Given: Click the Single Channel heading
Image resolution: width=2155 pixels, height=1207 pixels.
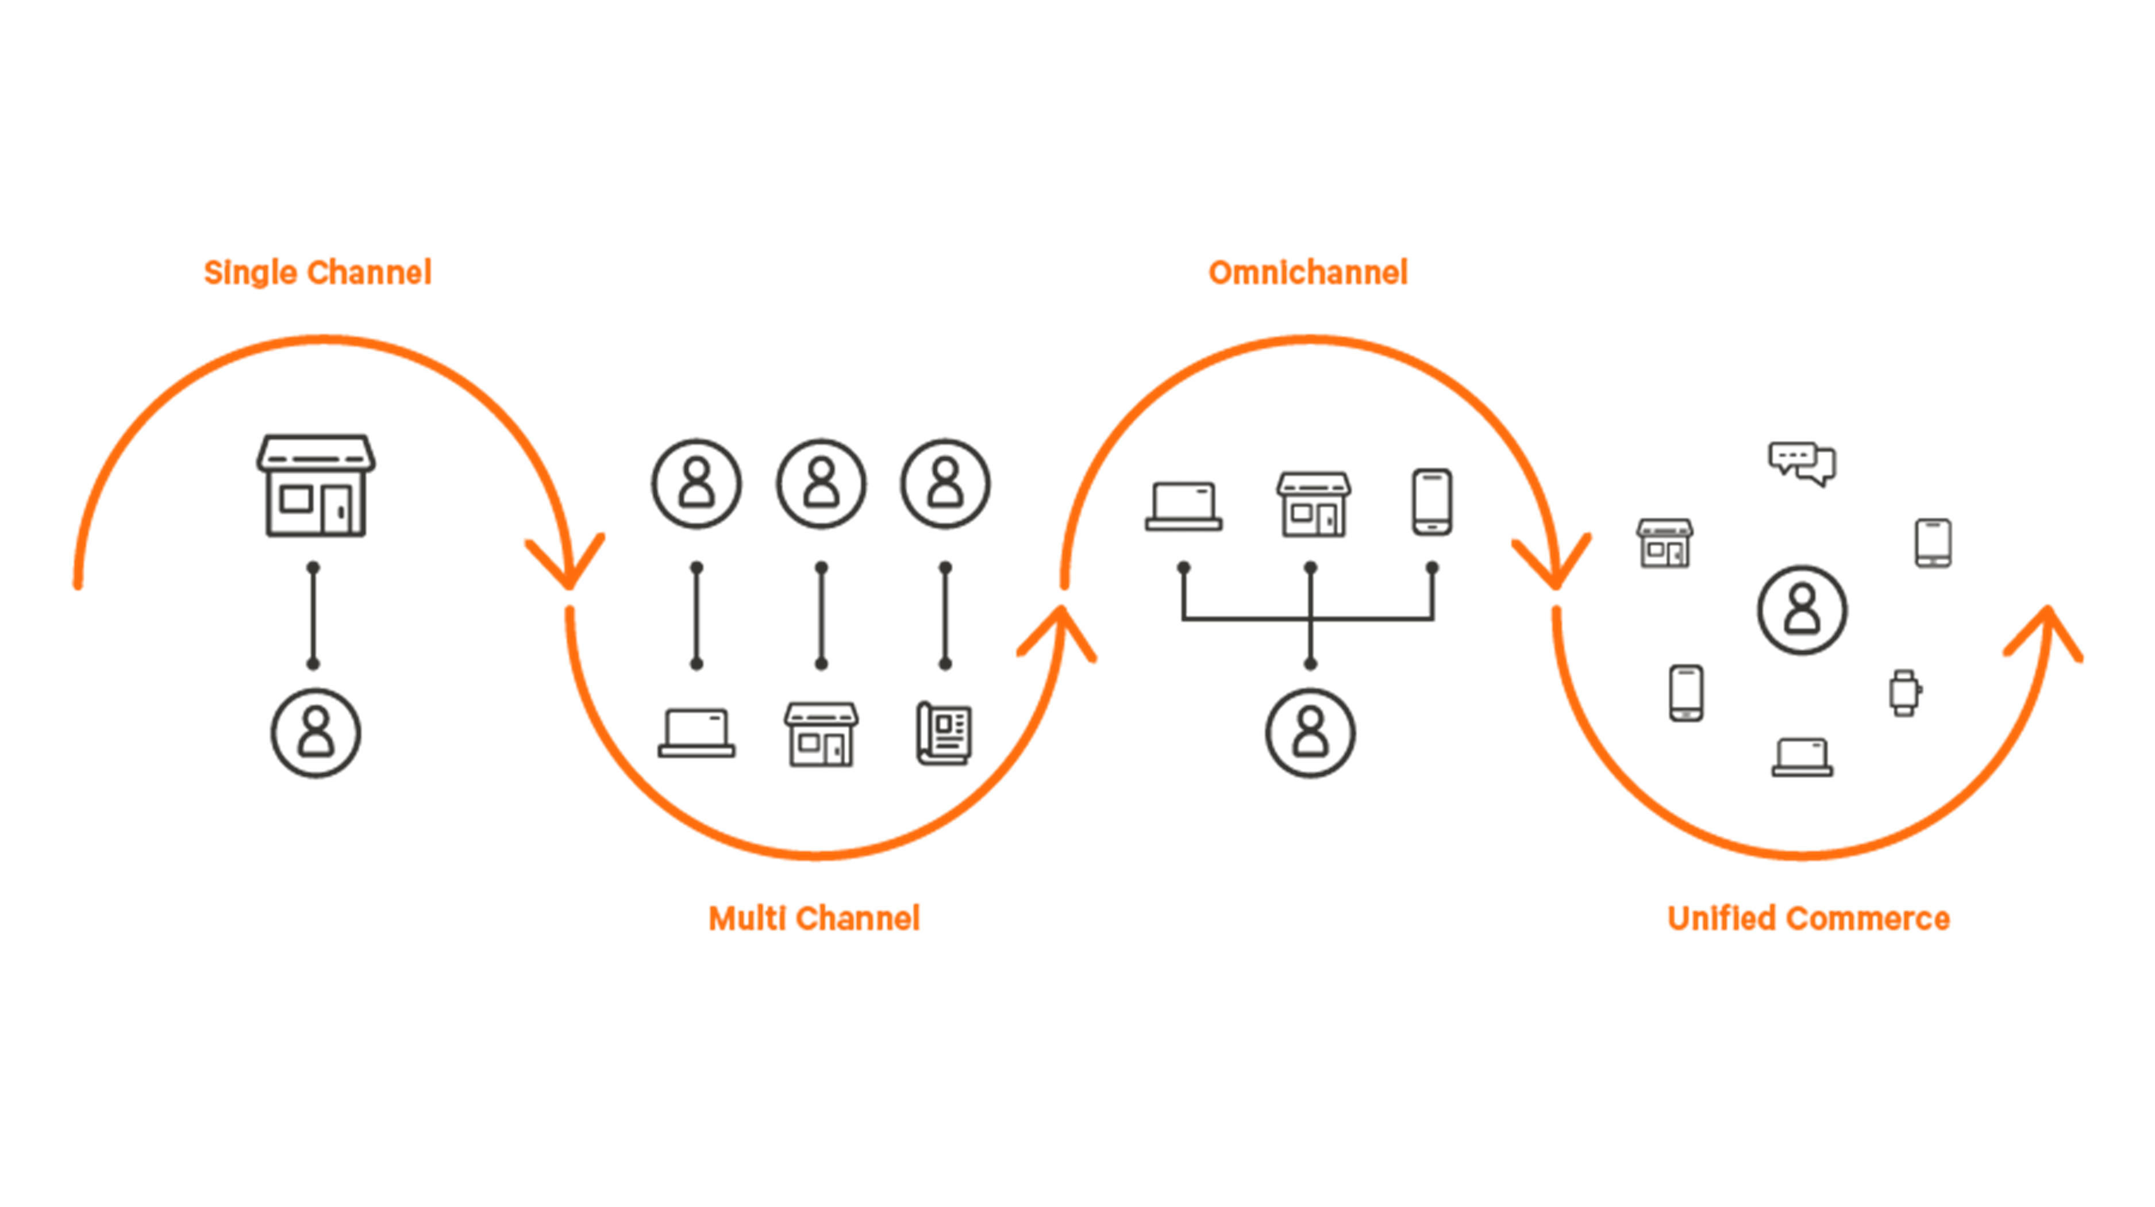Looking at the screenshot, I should tap(318, 272).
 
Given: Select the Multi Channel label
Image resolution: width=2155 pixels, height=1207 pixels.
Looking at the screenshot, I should tap(814, 918).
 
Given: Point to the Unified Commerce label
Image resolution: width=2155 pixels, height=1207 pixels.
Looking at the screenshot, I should tap(1808, 918).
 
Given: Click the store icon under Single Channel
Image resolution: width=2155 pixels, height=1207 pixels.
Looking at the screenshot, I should tap(315, 486).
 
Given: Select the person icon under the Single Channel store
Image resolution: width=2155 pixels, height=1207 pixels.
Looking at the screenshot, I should tap(315, 733).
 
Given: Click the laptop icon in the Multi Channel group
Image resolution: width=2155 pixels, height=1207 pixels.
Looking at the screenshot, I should tap(696, 733).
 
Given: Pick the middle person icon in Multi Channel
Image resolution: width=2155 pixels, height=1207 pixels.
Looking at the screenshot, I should tap(821, 483).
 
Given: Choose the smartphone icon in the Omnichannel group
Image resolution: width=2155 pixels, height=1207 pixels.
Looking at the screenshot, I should tap(1431, 502).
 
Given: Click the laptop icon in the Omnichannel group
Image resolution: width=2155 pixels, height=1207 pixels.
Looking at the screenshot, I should tap(1183, 505).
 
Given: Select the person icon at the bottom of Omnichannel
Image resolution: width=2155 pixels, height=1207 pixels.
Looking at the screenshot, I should tap(1310, 733).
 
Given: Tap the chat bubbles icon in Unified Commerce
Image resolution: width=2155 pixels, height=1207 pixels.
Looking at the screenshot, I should tap(1802, 463).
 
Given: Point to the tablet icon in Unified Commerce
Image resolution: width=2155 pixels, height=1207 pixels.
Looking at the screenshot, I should tap(1933, 543).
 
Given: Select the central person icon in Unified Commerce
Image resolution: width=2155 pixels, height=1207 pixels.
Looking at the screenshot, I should tap(1802, 610).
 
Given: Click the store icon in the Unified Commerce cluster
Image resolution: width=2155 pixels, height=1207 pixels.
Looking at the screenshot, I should tap(1665, 544).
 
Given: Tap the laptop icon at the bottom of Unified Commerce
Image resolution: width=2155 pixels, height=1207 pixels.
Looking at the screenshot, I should tap(1802, 757).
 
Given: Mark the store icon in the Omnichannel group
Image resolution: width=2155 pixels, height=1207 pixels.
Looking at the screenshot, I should tap(1313, 505).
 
